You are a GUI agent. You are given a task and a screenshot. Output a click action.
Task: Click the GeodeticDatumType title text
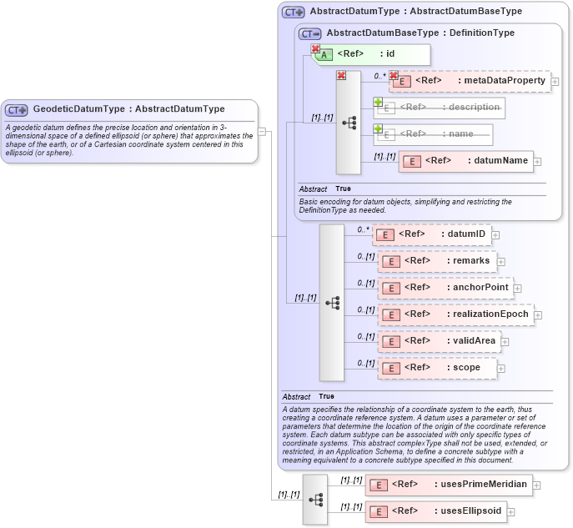click(x=128, y=109)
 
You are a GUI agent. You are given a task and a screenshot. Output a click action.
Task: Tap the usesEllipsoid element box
click(x=435, y=511)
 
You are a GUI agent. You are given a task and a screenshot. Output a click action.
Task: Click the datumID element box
click(x=431, y=234)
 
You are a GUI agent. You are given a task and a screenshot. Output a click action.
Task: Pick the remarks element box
click(x=437, y=261)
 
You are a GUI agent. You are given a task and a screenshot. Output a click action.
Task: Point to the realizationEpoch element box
click(x=456, y=314)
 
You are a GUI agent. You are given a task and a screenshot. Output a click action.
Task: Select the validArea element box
click(x=440, y=341)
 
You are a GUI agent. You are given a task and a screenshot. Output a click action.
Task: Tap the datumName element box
click(x=465, y=161)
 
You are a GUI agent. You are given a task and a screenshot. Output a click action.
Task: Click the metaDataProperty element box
click(x=470, y=81)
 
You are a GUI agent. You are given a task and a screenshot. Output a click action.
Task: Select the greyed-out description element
click(x=439, y=108)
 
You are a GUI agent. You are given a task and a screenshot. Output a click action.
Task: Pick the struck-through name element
click(x=432, y=134)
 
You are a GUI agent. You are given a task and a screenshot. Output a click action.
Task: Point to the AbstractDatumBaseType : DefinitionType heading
click(x=420, y=33)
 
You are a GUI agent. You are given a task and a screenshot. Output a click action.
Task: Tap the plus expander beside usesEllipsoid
click(x=511, y=512)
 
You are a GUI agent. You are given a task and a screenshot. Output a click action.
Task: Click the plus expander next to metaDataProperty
click(x=555, y=82)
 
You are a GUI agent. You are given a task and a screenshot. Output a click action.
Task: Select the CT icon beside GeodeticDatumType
click(x=17, y=110)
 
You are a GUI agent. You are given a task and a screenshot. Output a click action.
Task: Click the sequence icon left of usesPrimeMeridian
click(x=315, y=499)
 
